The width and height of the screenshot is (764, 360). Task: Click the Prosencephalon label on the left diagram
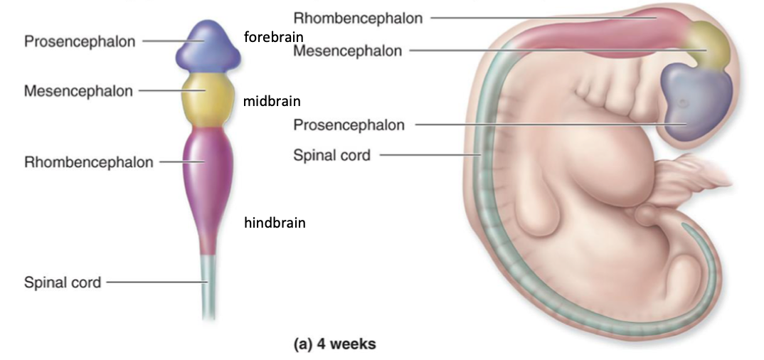point(80,41)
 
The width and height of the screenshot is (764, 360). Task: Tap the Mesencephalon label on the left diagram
point(78,91)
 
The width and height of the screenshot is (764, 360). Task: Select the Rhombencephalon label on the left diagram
point(88,162)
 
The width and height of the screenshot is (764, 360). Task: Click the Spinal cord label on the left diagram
point(63,282)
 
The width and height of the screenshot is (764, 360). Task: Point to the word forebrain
point(274,37)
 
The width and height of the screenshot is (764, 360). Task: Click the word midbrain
point(271,101)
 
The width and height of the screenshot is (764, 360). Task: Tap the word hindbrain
point(275,223)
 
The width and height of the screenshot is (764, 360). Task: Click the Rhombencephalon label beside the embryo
point(358,17)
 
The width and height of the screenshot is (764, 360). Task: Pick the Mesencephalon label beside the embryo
point(348,51)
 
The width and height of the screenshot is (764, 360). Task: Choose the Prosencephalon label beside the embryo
point(349,125)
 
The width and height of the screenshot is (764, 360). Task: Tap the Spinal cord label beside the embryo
point(331,154)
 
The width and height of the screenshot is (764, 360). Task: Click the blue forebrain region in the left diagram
point(206,46)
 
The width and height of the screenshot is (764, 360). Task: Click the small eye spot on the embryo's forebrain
point(682,104)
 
